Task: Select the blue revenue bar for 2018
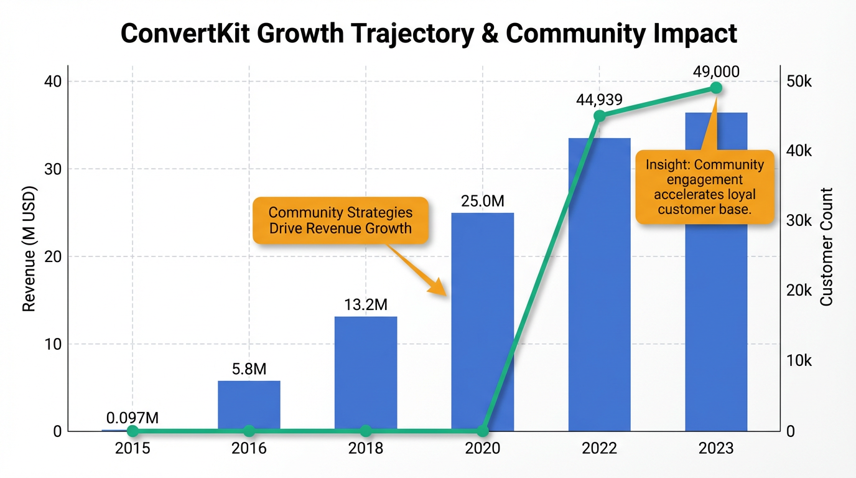point(366,373)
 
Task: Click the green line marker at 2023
point(716,88)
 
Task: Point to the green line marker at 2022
point(600,116)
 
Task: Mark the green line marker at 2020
point(483,431)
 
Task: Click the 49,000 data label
point(716,72)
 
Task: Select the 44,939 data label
point(600,100)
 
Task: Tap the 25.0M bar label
point(482,202)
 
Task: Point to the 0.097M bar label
point(132,418)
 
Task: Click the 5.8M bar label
point(249,370)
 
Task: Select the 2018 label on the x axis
point(366,449)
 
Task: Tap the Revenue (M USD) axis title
point(29,249)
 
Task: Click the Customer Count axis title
point(826,247)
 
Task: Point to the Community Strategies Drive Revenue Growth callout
point(340,220)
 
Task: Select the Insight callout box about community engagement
point(704,187)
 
